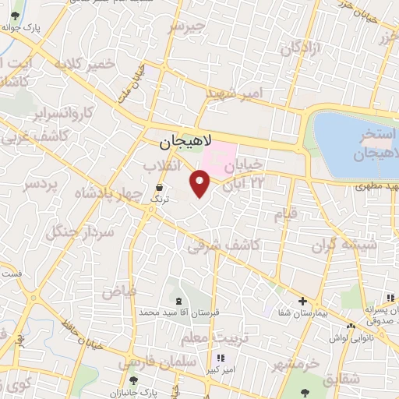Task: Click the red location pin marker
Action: pos(200,183)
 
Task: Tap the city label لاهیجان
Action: pos(181,143)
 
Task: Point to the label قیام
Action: pos(285,215)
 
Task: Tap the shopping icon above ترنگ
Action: pos(160,188)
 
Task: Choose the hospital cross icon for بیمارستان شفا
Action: pos(303,301)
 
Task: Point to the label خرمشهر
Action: pos(295,364)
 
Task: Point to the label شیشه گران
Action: pos(344,246)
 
